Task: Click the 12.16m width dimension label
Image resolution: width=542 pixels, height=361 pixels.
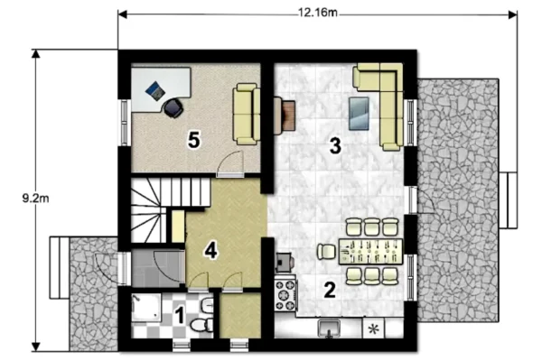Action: click(318, 13)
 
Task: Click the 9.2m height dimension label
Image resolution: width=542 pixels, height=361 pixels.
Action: click(35, 199)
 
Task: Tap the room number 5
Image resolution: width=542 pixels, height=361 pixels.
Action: click(193, 140)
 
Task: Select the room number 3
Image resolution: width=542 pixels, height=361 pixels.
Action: click(335, 145)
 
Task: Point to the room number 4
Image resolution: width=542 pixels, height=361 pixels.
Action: click(210, 250)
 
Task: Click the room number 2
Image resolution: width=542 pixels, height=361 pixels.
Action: click(330, 290)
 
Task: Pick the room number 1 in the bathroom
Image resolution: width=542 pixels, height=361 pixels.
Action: click(180, 315)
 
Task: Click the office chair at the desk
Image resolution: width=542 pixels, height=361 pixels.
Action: click(173, 107)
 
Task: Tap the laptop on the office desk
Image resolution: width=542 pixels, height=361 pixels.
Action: click(155, 90)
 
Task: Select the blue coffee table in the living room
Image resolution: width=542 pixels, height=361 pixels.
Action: click(359, 114)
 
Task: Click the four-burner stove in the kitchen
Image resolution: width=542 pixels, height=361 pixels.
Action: click(285, 295)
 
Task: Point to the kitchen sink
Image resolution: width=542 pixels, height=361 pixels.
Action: click(329, 328)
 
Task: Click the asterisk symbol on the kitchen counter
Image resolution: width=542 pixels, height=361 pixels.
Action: click(372, 329)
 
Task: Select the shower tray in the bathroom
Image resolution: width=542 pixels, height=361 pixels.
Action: click(146, 308)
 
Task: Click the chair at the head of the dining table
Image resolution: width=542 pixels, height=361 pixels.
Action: click(327, 252)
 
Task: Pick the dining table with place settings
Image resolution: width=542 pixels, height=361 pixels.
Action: click(371, 251)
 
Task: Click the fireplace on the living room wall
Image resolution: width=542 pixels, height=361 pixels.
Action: click(285, 116)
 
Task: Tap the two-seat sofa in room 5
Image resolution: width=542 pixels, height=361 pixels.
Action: click(247, 114)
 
